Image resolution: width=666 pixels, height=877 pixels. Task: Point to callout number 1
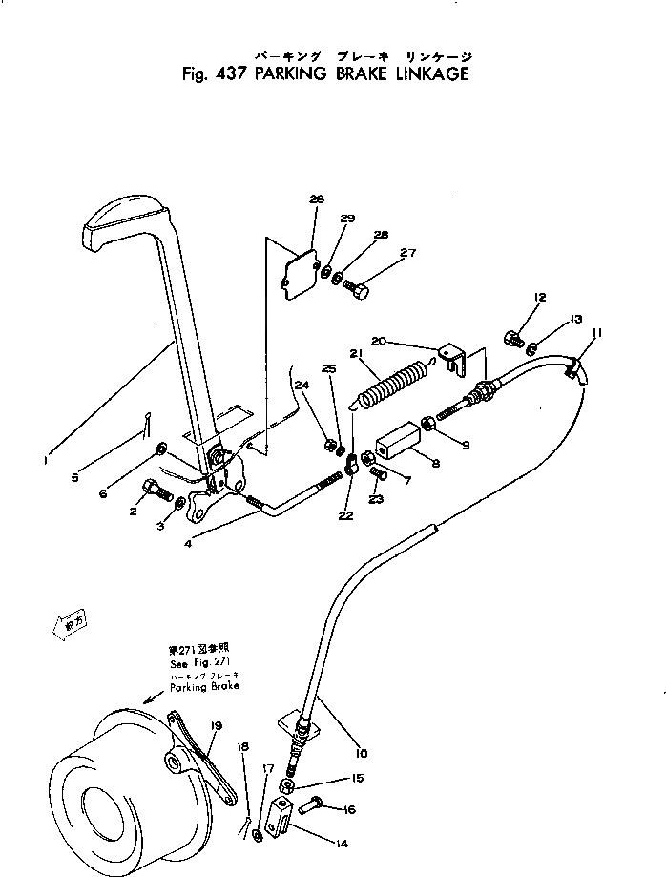[44, 461]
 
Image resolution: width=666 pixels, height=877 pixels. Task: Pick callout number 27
[408, 253]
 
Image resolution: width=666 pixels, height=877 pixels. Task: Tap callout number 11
[597, 332]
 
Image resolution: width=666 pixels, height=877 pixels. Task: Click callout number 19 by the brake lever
[217, 726]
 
